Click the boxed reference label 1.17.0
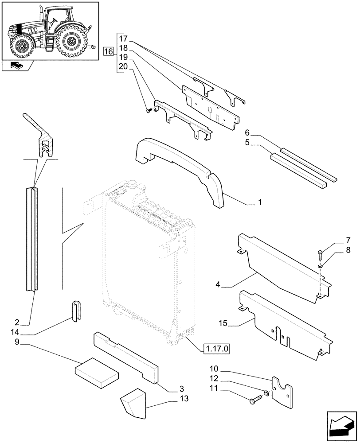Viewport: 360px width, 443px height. coord(218,349)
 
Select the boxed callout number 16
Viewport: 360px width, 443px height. coord(108,52)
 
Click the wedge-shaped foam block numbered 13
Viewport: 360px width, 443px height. coord(135,402)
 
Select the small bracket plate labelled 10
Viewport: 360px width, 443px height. coord(283,390)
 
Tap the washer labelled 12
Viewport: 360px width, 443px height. coord(266,393)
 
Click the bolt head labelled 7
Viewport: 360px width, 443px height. coord(320,255)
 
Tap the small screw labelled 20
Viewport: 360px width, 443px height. coord(149,109)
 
